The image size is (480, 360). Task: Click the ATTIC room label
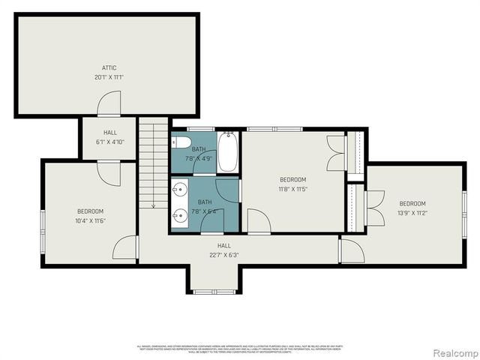click(x=109, y=67)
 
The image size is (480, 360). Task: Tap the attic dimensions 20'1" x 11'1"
click(x=109, y=77)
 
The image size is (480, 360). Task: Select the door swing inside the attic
click(x=109, y=103)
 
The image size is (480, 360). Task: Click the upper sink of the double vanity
click(x=180, y=190)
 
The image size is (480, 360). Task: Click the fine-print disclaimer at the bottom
click(x=239, y=349)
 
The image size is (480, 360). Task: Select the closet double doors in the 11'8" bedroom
click(x=336, y=152)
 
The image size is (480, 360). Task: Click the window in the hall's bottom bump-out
click(x=214, y=291)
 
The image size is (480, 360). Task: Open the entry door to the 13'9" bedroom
click(x=351, y=250)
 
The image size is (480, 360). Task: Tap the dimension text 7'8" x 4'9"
click(x=198, y=158)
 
